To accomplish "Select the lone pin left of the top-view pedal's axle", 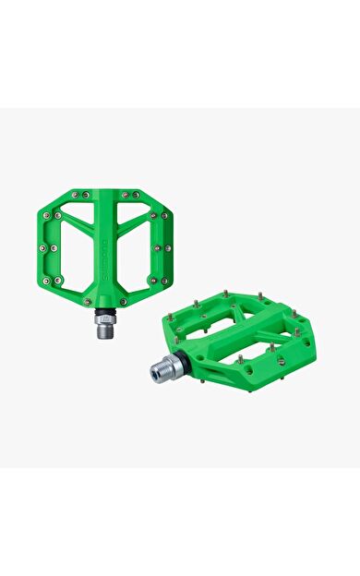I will tap(89, 301).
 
